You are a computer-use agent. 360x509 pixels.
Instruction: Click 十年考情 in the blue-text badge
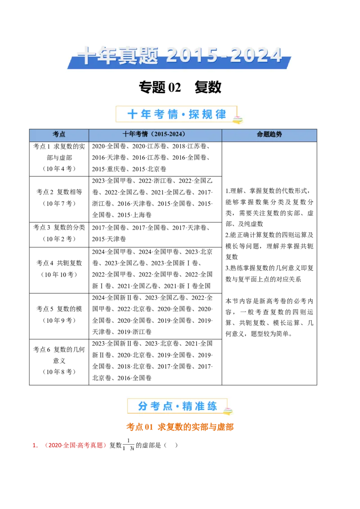coord(153,114)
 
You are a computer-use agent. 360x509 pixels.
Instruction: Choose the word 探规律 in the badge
coord(207,114)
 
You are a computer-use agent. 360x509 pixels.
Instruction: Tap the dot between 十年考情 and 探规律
coord(183,115)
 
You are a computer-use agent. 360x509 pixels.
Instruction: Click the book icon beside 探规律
coord(237,119)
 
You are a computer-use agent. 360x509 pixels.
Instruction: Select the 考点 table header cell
coord(59,134)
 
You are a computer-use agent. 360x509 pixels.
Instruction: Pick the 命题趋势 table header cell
coord(269,134)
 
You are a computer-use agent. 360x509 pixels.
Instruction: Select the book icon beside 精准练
coord(228,411)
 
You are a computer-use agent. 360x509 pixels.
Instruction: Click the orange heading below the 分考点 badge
coord(180,427)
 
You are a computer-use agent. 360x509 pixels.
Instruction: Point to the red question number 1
coord(35,446)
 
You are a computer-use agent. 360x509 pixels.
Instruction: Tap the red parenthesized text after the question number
coord(76,446)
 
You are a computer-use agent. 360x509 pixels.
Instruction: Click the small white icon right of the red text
coord(129,447)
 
